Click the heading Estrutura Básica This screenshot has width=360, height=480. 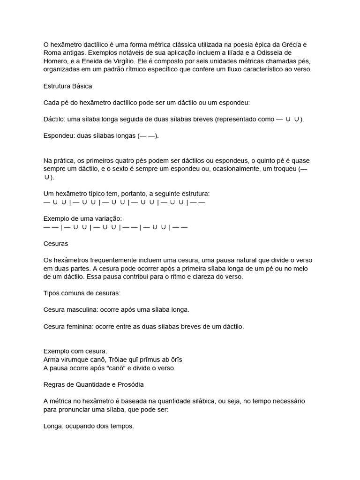[x=67, y=86]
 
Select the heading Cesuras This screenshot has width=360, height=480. [x=56, y=244]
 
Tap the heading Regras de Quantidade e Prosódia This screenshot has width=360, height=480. [x=94, y=384]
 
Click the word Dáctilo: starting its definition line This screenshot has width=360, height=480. [x=55, y=119]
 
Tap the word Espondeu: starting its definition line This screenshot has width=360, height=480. [x=59, y=136]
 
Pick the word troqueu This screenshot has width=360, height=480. [x=282, y=169]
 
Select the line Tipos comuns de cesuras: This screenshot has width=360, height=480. [x=82, y=293]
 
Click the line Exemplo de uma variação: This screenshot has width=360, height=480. [x=82, y=218]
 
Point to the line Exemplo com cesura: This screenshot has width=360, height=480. [x=75, y=351]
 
